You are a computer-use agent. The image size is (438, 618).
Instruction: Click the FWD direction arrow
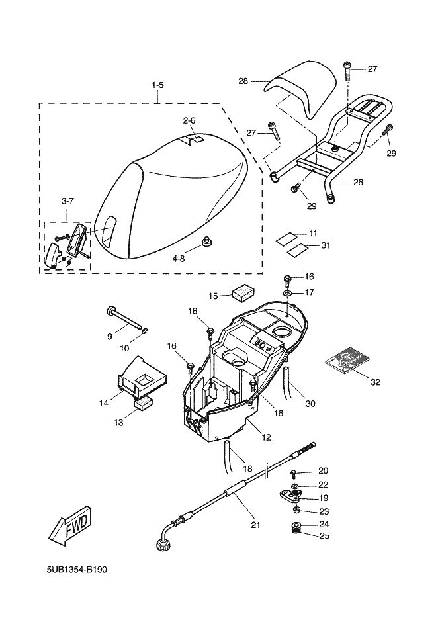pyautogui.click(x=70, y=525)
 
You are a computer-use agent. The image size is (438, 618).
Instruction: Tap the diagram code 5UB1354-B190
pyautogui.click(x=77, y=570)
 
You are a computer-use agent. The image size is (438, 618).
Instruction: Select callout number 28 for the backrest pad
pyautogui.click(x=243, y=81)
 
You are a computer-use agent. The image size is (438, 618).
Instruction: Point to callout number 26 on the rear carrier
pyautogui.click(x=358, y=182)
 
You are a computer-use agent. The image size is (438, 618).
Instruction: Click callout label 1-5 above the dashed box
pyautogui.click(x=157, y=85)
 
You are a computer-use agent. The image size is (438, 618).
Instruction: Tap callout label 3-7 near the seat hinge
pyautogui.click(x=67, y=200)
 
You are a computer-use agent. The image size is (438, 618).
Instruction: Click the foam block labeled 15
pyautogui.click(x=243, y=292)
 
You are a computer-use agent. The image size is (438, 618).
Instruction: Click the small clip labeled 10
pyautogui.click(x=145, y=330)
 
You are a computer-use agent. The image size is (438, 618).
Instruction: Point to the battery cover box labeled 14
pyautogui.click(x=142, y=376)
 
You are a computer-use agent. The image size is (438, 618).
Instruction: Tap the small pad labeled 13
pyautogui.click(x=144, y=404)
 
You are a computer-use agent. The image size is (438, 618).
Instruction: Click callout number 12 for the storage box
pyautogui.click(x=266, y=437)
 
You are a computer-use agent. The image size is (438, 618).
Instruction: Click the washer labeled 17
pyautogui.click(x=287, y=293)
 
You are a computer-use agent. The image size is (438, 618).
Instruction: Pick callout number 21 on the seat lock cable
pyautogui.click(x=256, y=525)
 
